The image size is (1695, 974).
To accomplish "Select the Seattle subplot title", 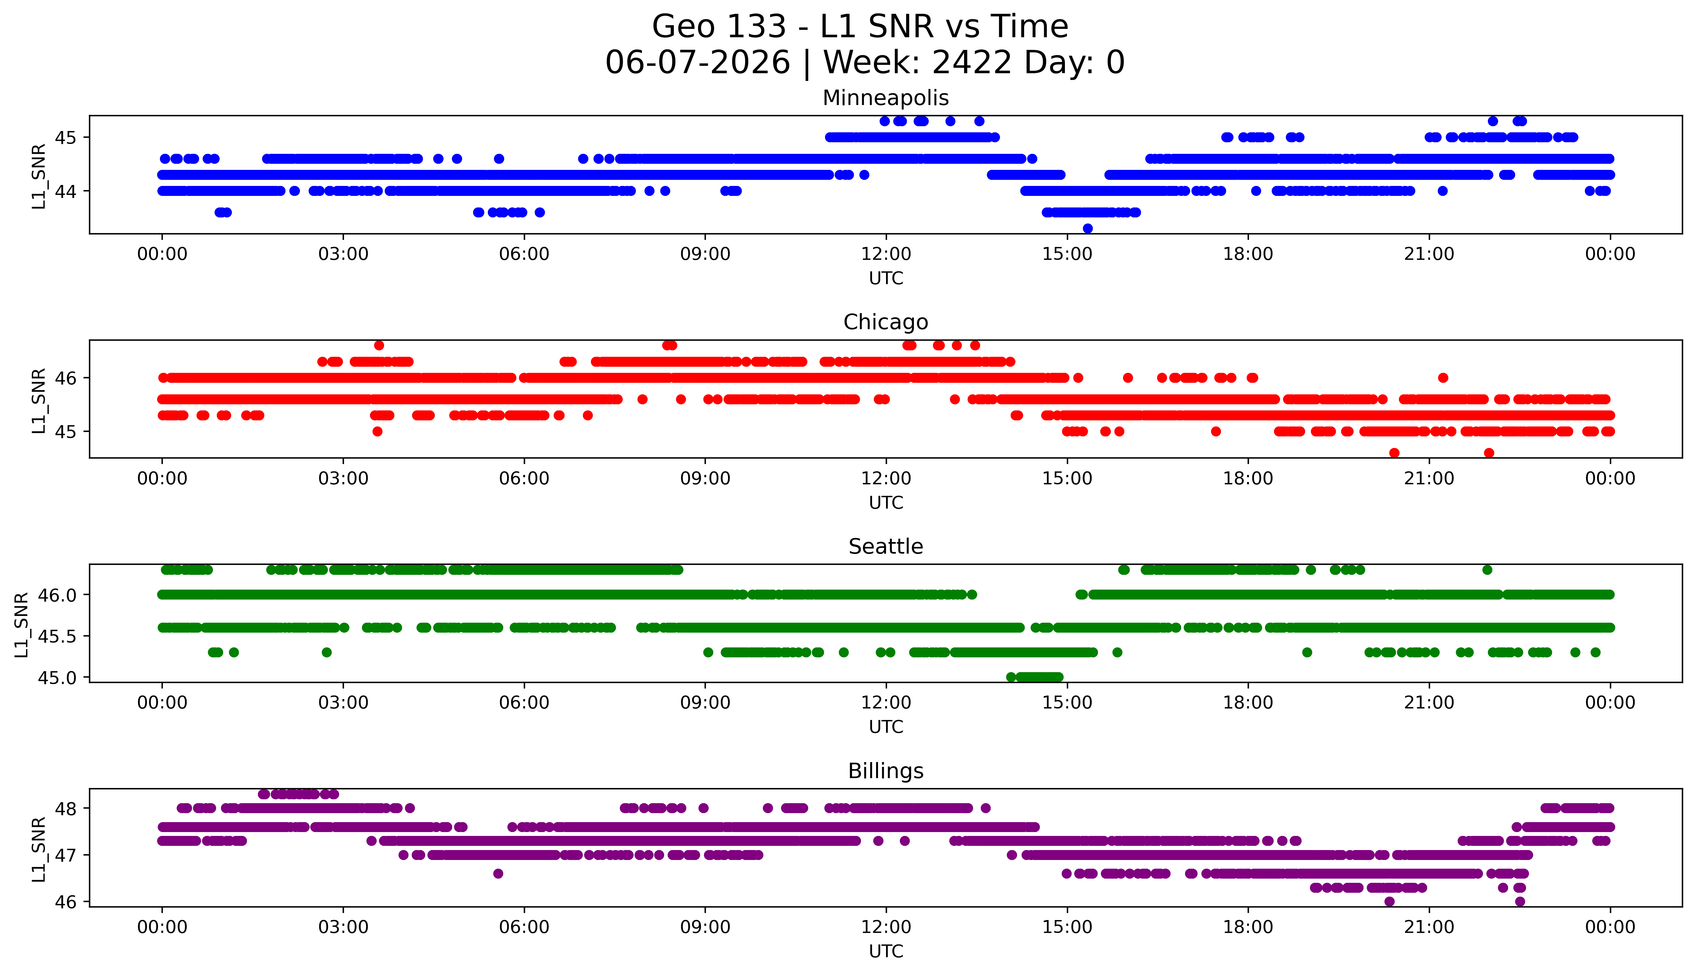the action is tap(886, 547).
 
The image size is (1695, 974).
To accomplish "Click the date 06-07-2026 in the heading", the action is tap(698, 62).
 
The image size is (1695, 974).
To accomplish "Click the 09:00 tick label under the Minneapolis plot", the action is tap(705, 254).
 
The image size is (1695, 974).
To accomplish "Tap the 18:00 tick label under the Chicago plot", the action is tap(1248, 478).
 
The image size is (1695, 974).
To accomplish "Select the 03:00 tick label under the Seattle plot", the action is tap(343, 702).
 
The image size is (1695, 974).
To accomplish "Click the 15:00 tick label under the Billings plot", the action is tap(1067, 927).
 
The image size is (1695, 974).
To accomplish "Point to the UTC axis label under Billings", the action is tap(886, 951).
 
